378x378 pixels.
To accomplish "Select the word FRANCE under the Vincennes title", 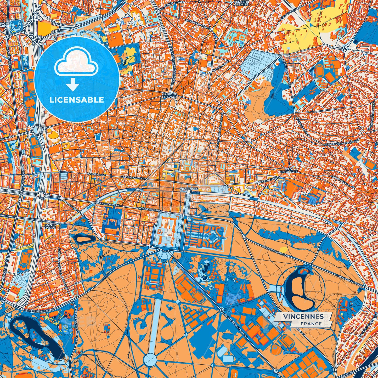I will tap(311, 324).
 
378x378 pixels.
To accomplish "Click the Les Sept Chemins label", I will tap(241, 3).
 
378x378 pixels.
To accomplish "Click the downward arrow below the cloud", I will tap(73, 85).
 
